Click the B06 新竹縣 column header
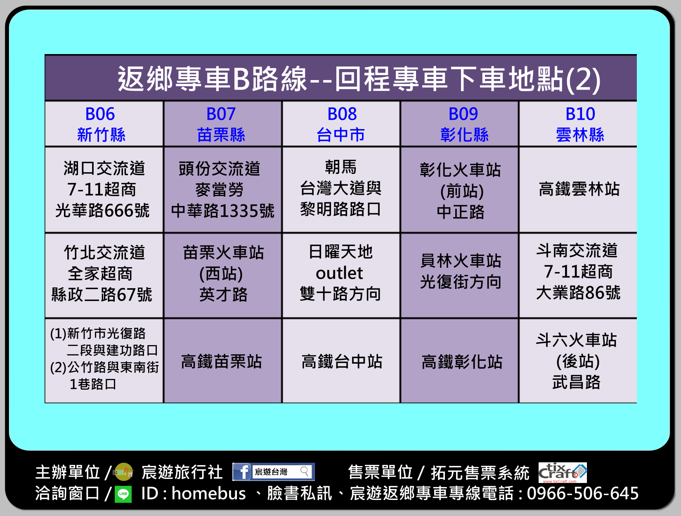tap(104, 124)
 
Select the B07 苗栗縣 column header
tap(223, 124)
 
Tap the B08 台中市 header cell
tap(341, 124)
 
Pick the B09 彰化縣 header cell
tap(459, 124)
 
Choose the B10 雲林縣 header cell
tap(578, 124)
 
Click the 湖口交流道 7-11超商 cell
tap(104, 189)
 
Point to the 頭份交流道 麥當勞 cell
tap(223, 189)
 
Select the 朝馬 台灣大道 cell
tap(341, 189)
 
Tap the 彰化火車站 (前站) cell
tap(459, 189)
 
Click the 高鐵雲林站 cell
tap(578, 189)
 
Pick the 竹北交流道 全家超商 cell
tap(104, 275)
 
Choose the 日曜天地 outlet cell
tap(341, 275)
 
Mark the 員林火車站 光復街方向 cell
tap(459, 275)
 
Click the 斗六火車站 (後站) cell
tap(578, 361)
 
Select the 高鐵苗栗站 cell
tap(223, 361)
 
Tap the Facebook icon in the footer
tap(242, 472)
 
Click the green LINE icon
tap(123, 494)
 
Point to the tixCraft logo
tap(563, 472)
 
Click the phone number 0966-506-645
tap(583, 493)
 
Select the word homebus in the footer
tap(209, 493)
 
